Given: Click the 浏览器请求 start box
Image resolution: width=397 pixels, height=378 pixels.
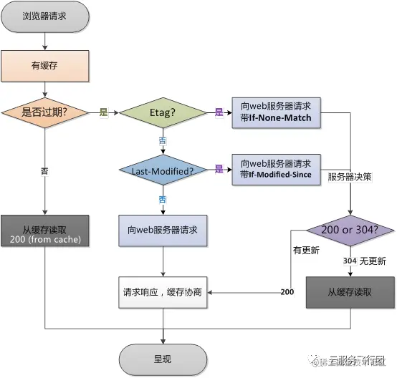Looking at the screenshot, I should point(45,15).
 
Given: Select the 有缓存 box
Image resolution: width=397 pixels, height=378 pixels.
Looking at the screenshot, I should point(45,65).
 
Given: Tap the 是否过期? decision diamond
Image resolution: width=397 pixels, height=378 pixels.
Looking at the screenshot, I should point(45,112).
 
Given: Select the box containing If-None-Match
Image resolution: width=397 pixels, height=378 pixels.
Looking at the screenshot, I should point(276,112).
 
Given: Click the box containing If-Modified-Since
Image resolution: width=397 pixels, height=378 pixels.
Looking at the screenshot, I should point(276,170).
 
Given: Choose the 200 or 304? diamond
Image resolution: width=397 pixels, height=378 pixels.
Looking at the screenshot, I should point(350,231).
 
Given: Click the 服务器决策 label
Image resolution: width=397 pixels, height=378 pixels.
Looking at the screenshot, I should point(348,175).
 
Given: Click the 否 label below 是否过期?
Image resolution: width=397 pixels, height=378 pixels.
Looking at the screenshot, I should point(45,172).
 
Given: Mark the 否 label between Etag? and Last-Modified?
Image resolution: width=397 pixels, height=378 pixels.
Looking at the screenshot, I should point(163,140).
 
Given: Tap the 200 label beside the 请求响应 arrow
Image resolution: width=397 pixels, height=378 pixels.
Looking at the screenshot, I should point(287,292).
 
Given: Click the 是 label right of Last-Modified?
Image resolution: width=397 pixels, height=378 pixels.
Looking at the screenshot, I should point(219,170).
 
